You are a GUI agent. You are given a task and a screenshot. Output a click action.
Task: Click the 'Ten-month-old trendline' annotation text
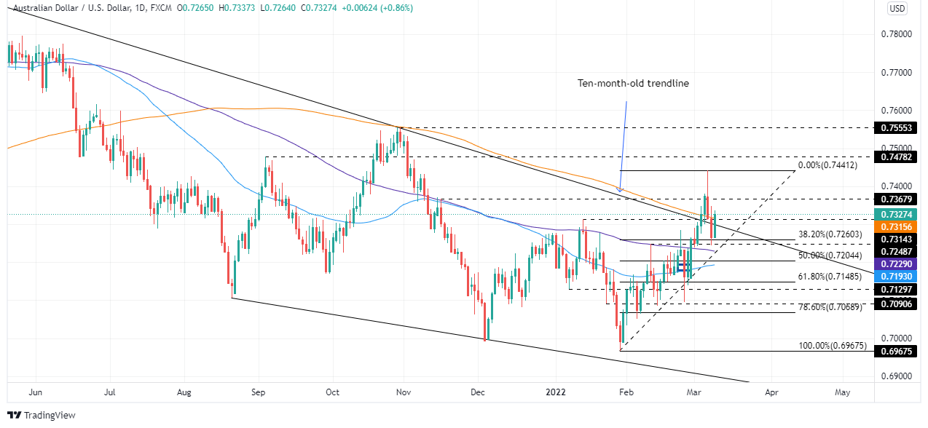(633, 83)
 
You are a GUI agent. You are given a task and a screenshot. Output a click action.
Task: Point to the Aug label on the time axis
(184, 392)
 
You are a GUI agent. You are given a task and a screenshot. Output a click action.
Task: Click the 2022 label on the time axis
(555, 392)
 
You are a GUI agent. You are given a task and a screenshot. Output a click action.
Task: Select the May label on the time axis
(842, 392)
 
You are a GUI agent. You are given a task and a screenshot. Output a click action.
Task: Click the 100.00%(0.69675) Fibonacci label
(830, 346)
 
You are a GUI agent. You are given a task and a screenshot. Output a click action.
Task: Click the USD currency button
(897, 9)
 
